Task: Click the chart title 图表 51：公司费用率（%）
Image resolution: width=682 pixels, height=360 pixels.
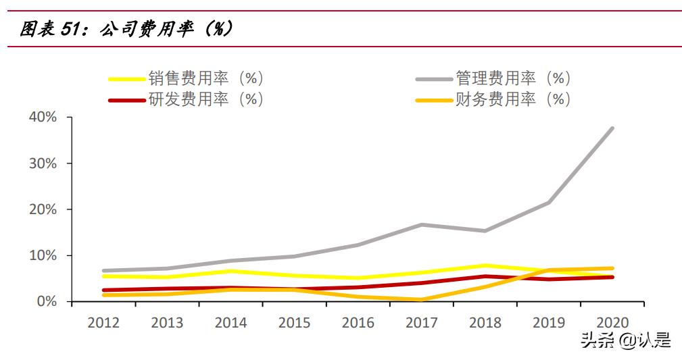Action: [x=126, y=30]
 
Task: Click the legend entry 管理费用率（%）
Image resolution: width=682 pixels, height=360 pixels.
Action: [x=513, y=78]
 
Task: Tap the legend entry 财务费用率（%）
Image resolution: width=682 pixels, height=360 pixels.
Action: [x=513, y=99]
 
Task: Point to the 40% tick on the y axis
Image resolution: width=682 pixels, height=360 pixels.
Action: [x=42, y=118]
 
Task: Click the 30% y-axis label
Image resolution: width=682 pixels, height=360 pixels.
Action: [x=42, y=163]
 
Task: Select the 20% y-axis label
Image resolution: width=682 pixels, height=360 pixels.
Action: [x=42, y=209]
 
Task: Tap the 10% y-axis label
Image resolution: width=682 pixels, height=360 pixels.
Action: [x=42, y=255]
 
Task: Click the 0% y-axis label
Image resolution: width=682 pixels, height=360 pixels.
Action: [x=46, y=301]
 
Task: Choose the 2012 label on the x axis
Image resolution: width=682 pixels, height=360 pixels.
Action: [x=103, y=322]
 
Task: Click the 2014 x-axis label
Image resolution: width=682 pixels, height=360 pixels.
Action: [x=230, y=322]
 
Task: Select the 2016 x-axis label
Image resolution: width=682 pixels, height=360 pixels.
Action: [x=358, y=322]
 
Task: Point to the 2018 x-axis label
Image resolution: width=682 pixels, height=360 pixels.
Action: [x=485, y=322]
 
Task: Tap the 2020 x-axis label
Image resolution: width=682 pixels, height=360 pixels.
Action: [x=612, y=322]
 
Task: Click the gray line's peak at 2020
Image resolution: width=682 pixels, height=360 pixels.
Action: [x=612, y=128]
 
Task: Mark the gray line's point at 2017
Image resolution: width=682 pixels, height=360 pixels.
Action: [x=422, y=224]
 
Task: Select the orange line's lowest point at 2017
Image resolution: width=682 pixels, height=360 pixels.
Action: [x=422, y=300]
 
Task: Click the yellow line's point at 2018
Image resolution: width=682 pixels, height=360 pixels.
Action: [x=485, y=265]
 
